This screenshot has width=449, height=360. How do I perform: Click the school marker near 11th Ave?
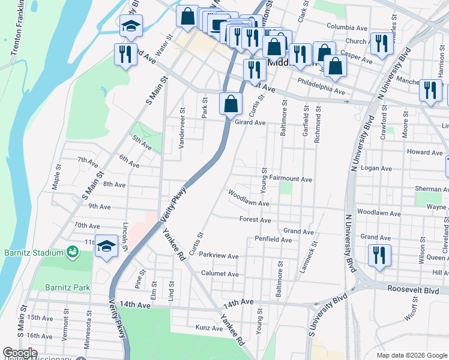(106, 246)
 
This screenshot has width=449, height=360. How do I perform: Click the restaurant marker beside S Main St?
(125, 55)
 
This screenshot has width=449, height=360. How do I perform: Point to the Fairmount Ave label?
(291, 179)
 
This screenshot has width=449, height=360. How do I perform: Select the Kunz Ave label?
(209, 328)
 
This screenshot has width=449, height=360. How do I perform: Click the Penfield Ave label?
(273, 239)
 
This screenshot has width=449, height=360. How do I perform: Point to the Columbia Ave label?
(347, 28)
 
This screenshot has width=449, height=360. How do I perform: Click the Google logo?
(20, 353)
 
